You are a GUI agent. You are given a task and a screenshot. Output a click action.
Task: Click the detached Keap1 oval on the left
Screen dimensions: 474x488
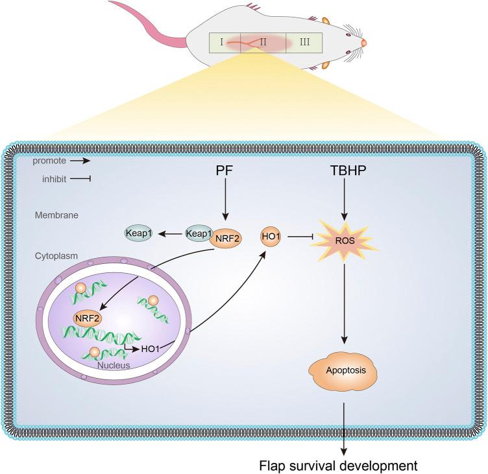139,232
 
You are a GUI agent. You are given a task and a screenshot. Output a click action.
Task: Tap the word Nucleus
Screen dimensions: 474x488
115,364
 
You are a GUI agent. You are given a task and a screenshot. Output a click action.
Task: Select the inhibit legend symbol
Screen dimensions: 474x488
79,178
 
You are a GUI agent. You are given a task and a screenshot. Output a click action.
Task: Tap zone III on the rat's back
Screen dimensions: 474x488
305,43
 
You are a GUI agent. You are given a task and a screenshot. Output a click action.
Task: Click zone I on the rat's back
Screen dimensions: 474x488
222,43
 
